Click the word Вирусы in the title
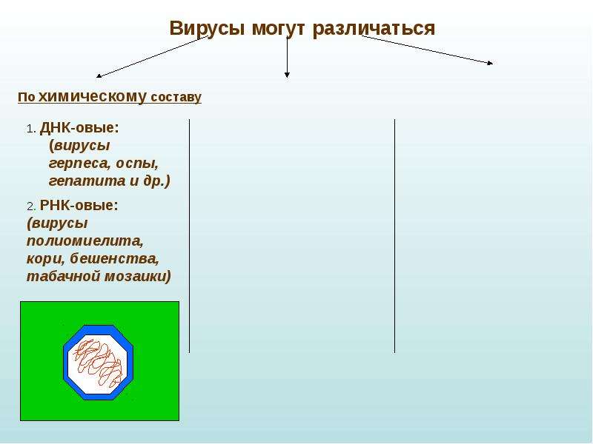(207, 29)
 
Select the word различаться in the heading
(374, 29)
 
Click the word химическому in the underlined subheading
(92, 97)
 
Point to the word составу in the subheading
(176, 98)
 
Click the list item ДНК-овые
(79, 127)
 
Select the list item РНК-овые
(79, 206)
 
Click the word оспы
(137, 164)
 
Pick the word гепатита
(87, 181)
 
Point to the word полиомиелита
(85, 241)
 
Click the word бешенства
(114, 258)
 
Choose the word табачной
(63, 276)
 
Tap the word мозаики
(138, 276)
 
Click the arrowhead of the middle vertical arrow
(287, 75)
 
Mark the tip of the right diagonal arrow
(492, 64)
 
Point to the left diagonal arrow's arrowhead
(97, 77)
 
